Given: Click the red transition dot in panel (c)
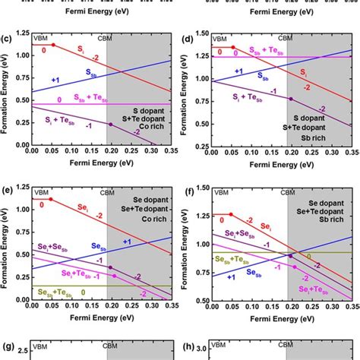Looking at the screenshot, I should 52,46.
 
